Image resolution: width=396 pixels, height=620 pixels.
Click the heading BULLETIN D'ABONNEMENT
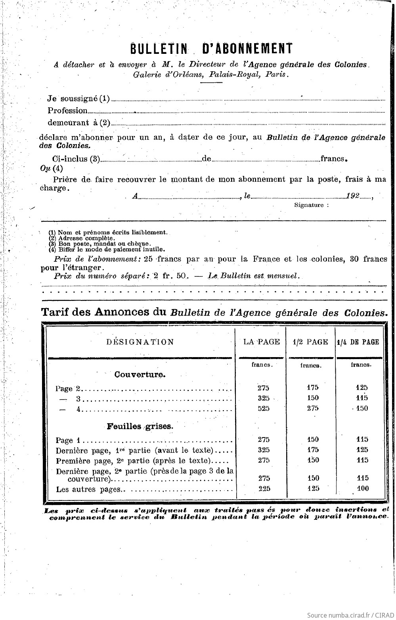click(211, 48)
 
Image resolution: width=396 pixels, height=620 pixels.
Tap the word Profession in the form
click(67, 110)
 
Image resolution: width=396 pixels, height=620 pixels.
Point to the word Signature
click(311, 205)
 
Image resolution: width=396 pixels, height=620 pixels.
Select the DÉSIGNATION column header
click(140, 342)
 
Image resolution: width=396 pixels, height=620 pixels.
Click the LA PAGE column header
click(261, 342)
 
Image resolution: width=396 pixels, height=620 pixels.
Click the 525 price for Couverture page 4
click(263, 409)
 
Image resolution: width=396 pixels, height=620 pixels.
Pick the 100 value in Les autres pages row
click(362, 489)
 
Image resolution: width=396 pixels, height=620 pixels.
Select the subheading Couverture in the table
click(140, 375)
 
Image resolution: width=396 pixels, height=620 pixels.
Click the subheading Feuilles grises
click(140, 427)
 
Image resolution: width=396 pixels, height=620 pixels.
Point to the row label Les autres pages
click(88, 489)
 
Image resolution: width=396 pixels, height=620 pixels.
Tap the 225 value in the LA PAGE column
click(264, 489)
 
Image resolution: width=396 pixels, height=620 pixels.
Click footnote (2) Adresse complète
click(82, 238)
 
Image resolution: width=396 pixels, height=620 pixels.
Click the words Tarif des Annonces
click(103, 312)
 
